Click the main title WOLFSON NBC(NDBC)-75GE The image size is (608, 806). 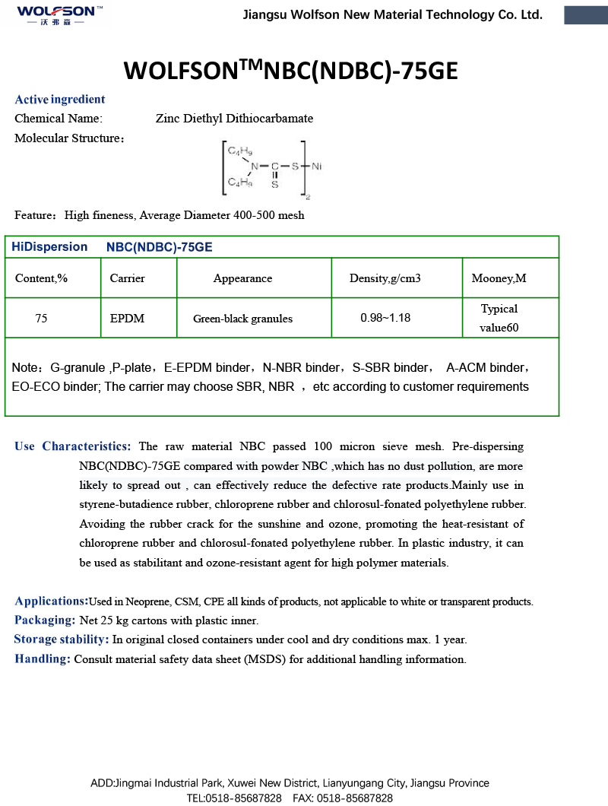pos(291,71)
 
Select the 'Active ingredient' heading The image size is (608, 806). pos(60,100)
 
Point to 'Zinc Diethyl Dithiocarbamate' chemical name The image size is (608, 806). pos(234,119)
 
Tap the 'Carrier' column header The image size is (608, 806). pos(127,278)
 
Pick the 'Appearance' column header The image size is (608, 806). pos(242,278)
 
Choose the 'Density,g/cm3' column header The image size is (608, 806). pos(385,278)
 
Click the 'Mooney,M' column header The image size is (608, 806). pos(499,278)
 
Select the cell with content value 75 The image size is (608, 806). pos(41,319)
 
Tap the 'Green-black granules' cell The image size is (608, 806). pos(242,319)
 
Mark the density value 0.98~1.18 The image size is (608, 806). pos(385,318)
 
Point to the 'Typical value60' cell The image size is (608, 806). pos(499,319)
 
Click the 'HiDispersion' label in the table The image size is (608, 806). pos(49,247)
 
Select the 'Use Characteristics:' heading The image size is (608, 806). pos(73,446)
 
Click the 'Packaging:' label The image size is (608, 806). pos(45,620)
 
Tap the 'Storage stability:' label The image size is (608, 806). pos(62,639)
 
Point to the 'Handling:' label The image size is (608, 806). pos(43,659)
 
